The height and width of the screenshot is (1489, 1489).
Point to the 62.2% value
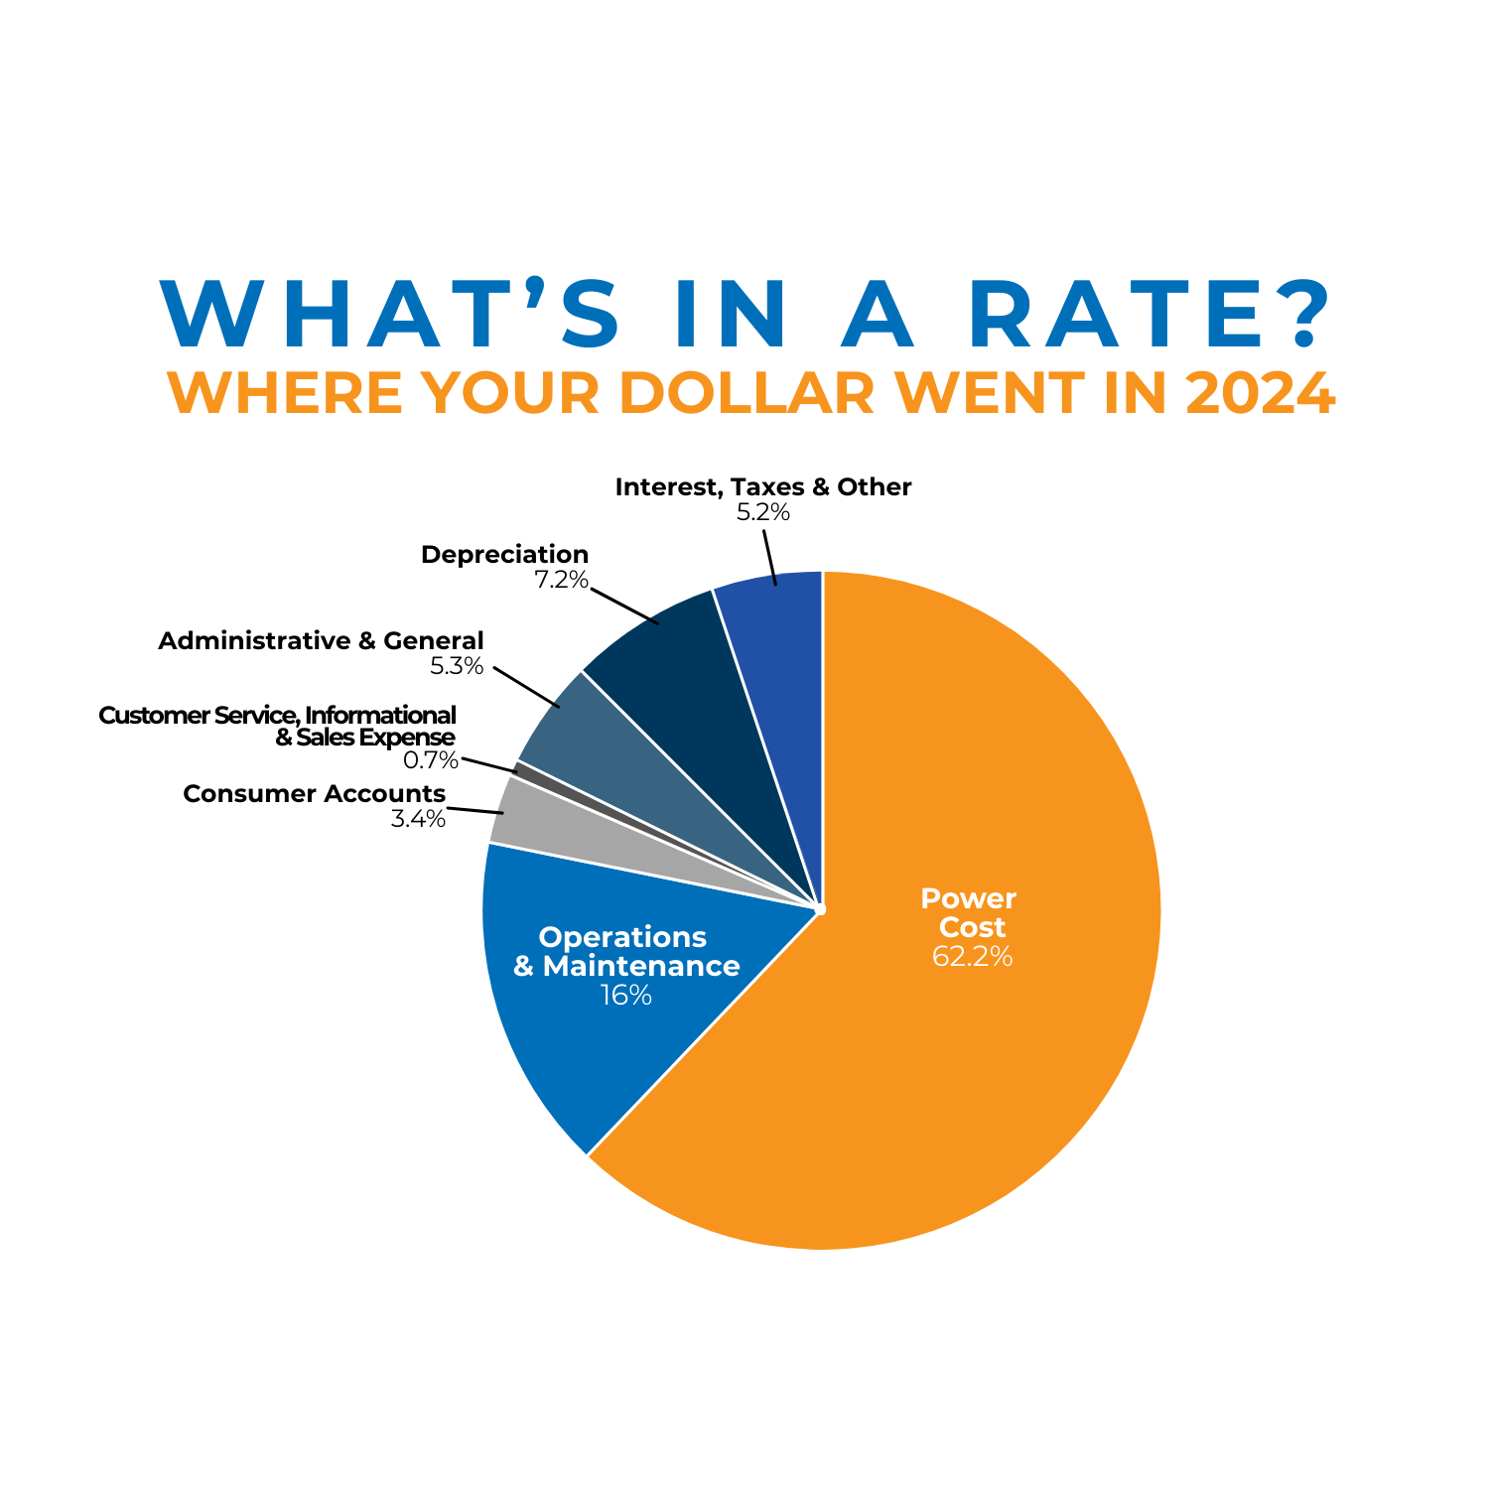pos(972,957)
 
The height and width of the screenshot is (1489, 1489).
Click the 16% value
pos(625,995)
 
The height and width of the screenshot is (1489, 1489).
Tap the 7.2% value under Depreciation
pos(561,580)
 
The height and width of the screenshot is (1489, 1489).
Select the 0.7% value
pos(431,761)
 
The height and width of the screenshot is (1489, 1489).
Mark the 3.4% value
pos(418,819)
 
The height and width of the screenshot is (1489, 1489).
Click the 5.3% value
pos(456,666)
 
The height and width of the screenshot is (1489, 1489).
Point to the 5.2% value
pos(762,513)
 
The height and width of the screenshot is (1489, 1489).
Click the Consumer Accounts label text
pos(315,794)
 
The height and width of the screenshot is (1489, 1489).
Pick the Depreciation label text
pos(504,554)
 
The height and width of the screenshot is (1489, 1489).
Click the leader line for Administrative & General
pos(527,687)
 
